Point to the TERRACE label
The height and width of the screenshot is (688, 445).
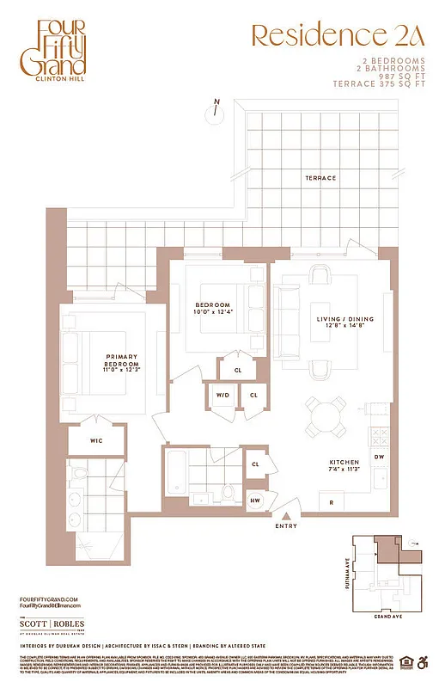click(x=320, y=178)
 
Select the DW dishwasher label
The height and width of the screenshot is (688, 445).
click(x=379, y=457)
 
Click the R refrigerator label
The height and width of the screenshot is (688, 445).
click(x=330, y=502)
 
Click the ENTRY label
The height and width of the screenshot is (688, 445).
click(x=286, y=525)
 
